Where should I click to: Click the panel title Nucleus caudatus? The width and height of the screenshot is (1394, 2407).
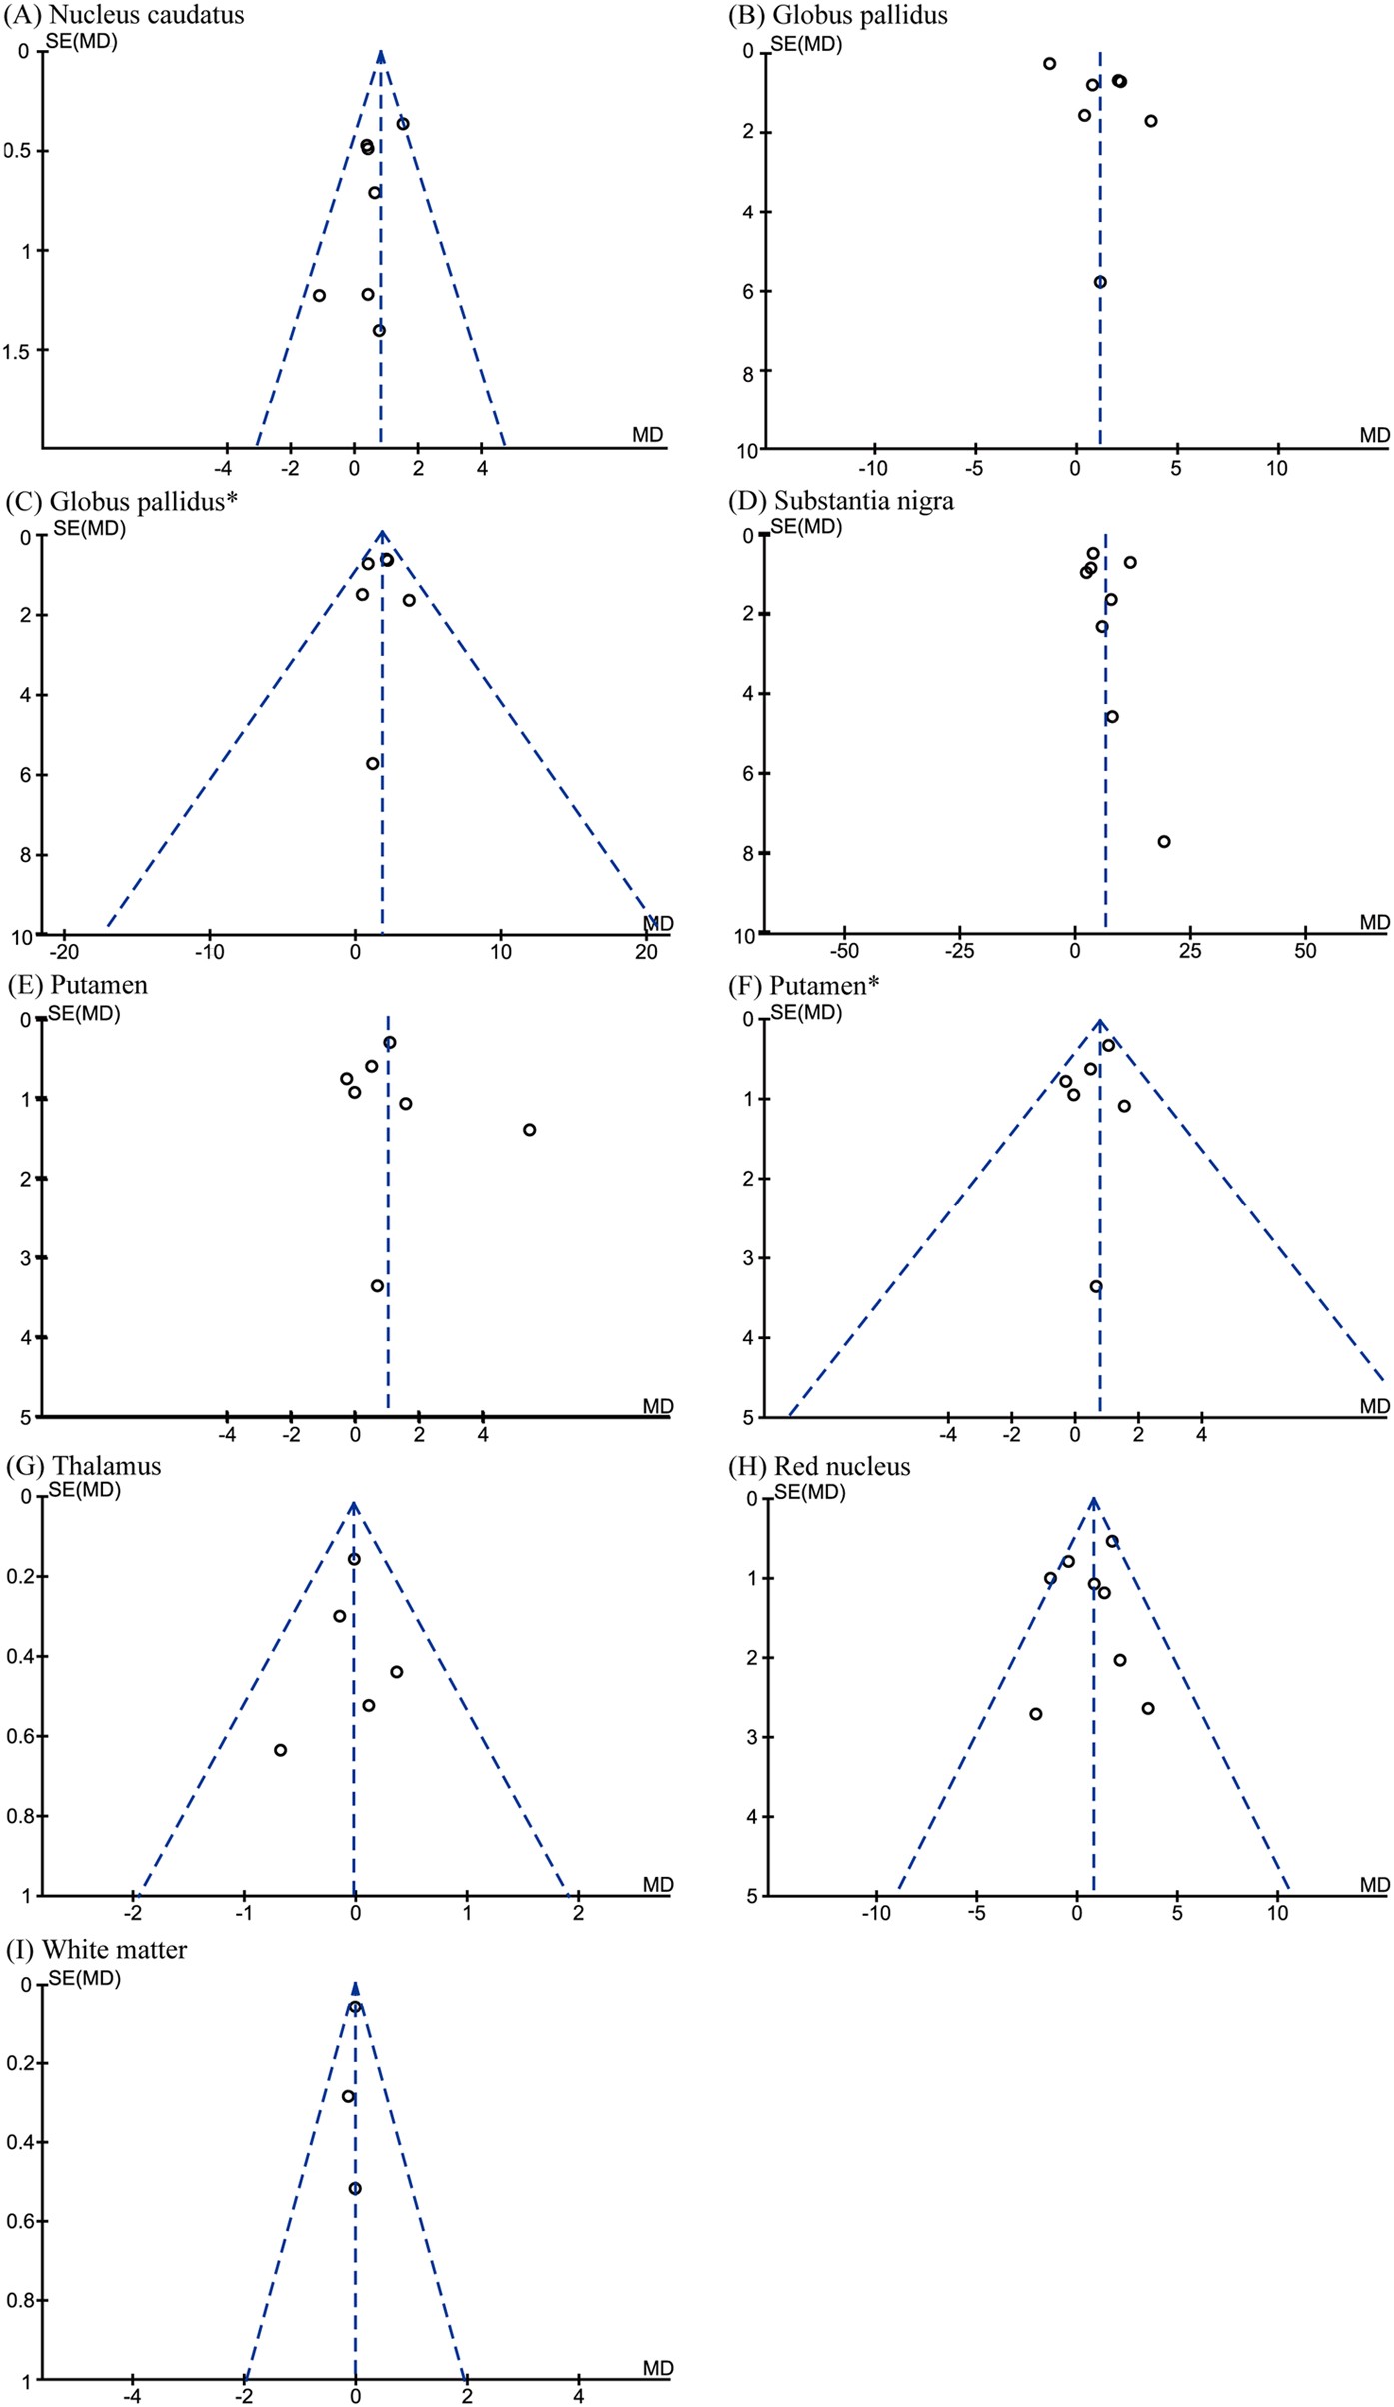click(145, 15)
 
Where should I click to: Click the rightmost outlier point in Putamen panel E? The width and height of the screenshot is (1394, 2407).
click(529, 1130)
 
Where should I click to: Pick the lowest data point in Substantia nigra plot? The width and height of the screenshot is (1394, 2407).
click(1164, 842)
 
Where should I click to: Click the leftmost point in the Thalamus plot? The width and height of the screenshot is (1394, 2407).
click(281, 1750)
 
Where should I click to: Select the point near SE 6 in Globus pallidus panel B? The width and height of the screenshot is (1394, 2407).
click(1100, 282)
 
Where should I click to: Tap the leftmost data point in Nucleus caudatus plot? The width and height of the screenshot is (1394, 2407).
click(319, 295)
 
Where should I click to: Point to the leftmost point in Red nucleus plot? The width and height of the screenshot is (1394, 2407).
click(1036, 1714)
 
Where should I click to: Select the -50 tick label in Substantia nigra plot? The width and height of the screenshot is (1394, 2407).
click(844, 952)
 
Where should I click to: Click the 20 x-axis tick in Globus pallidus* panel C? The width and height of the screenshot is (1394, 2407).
click(646, 952)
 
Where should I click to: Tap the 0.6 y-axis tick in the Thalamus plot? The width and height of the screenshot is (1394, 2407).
click(20, 1737)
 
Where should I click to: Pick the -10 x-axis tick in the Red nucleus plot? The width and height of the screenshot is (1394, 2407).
click(875, 1913)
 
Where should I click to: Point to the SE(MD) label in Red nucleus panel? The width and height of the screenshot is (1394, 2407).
click(809, 1494)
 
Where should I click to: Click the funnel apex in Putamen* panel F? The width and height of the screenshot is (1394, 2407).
click(1099, 1022)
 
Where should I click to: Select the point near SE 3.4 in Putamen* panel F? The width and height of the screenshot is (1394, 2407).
click(1096, 1287)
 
